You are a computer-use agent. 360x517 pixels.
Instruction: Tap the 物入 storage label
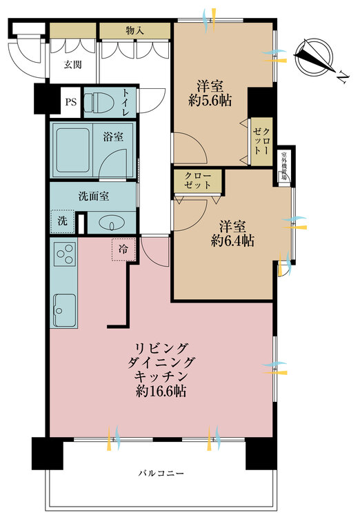[x=134, y=30]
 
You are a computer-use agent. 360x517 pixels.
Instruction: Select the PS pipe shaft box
[x=71, y=102]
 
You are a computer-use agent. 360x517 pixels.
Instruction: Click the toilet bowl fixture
[x=102, y=102]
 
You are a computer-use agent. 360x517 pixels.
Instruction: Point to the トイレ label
[x=126, y=102]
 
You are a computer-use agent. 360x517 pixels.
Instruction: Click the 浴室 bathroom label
[x=114, y=136]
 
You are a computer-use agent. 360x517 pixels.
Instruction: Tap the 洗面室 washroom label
[x=92, y=196]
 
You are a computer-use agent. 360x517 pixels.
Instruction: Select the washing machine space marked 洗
[x=61, y=222]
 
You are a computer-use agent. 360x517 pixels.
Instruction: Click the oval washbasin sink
[x=110, y=223]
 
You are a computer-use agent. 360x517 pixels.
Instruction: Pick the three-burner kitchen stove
[x=65, y=256]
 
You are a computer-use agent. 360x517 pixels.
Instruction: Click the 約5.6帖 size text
[x=210, y=100]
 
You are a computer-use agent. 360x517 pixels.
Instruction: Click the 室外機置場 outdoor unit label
[x=283, y=166]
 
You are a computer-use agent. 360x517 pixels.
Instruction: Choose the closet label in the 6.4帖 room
[x=197, y=181]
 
